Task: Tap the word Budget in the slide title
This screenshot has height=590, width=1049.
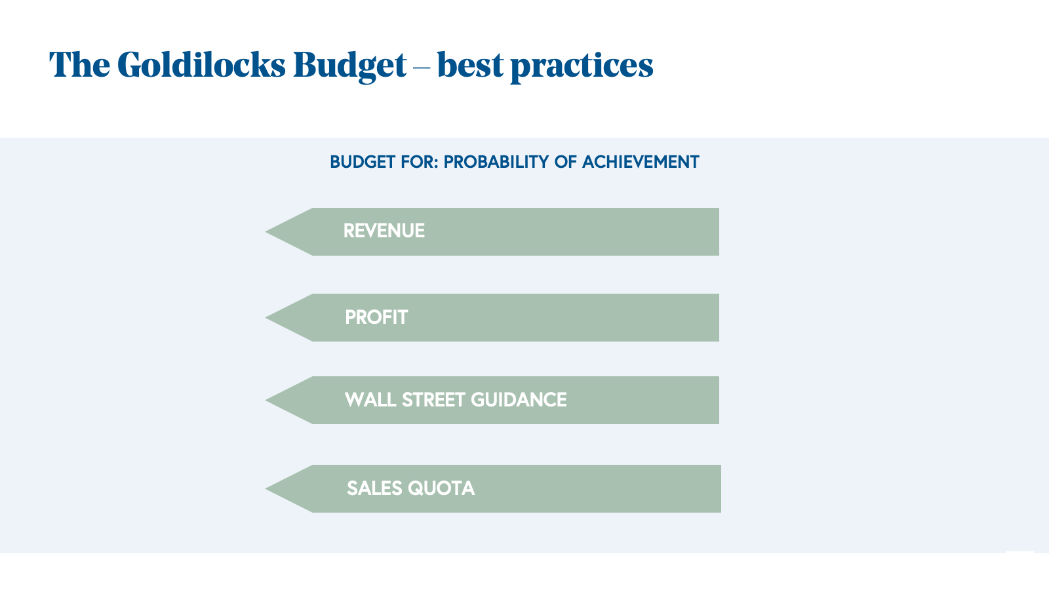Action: click(x=350, y=66)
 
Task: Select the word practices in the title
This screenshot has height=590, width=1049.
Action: click(x=582, y=66)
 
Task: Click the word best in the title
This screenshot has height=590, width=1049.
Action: click(x=471, y=65)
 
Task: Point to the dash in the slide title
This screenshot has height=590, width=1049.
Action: click(x=422, y=68)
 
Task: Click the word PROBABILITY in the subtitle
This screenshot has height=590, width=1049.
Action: click(x=496, y=162)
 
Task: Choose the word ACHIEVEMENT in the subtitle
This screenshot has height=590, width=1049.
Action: click(x=641, y=162)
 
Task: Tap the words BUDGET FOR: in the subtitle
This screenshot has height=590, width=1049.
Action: click(x=384, y=162)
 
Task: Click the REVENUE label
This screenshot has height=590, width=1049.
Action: click(x=384, y=231)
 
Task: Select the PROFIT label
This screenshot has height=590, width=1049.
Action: click(x=376, y=317)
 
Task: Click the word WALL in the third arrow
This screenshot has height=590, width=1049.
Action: click(x=370, y=400)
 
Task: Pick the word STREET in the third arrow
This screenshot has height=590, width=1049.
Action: click(x=433, y=400)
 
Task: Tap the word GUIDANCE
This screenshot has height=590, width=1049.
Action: click(x=519, y=400)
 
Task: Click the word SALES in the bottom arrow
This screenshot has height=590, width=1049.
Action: click(x=374, y=488)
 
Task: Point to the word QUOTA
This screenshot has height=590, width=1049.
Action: click(x=441, y=488)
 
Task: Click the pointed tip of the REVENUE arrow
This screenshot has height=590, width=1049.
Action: click(x=266, y=231)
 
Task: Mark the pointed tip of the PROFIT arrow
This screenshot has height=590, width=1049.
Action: click(x=266, y=317)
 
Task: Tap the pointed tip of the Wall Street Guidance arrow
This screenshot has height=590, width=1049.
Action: click(x=266, y=401)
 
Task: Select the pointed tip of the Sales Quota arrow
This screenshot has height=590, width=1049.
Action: click(x=266, y=489)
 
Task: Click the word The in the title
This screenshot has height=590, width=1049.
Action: click(x=79, y=64)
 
